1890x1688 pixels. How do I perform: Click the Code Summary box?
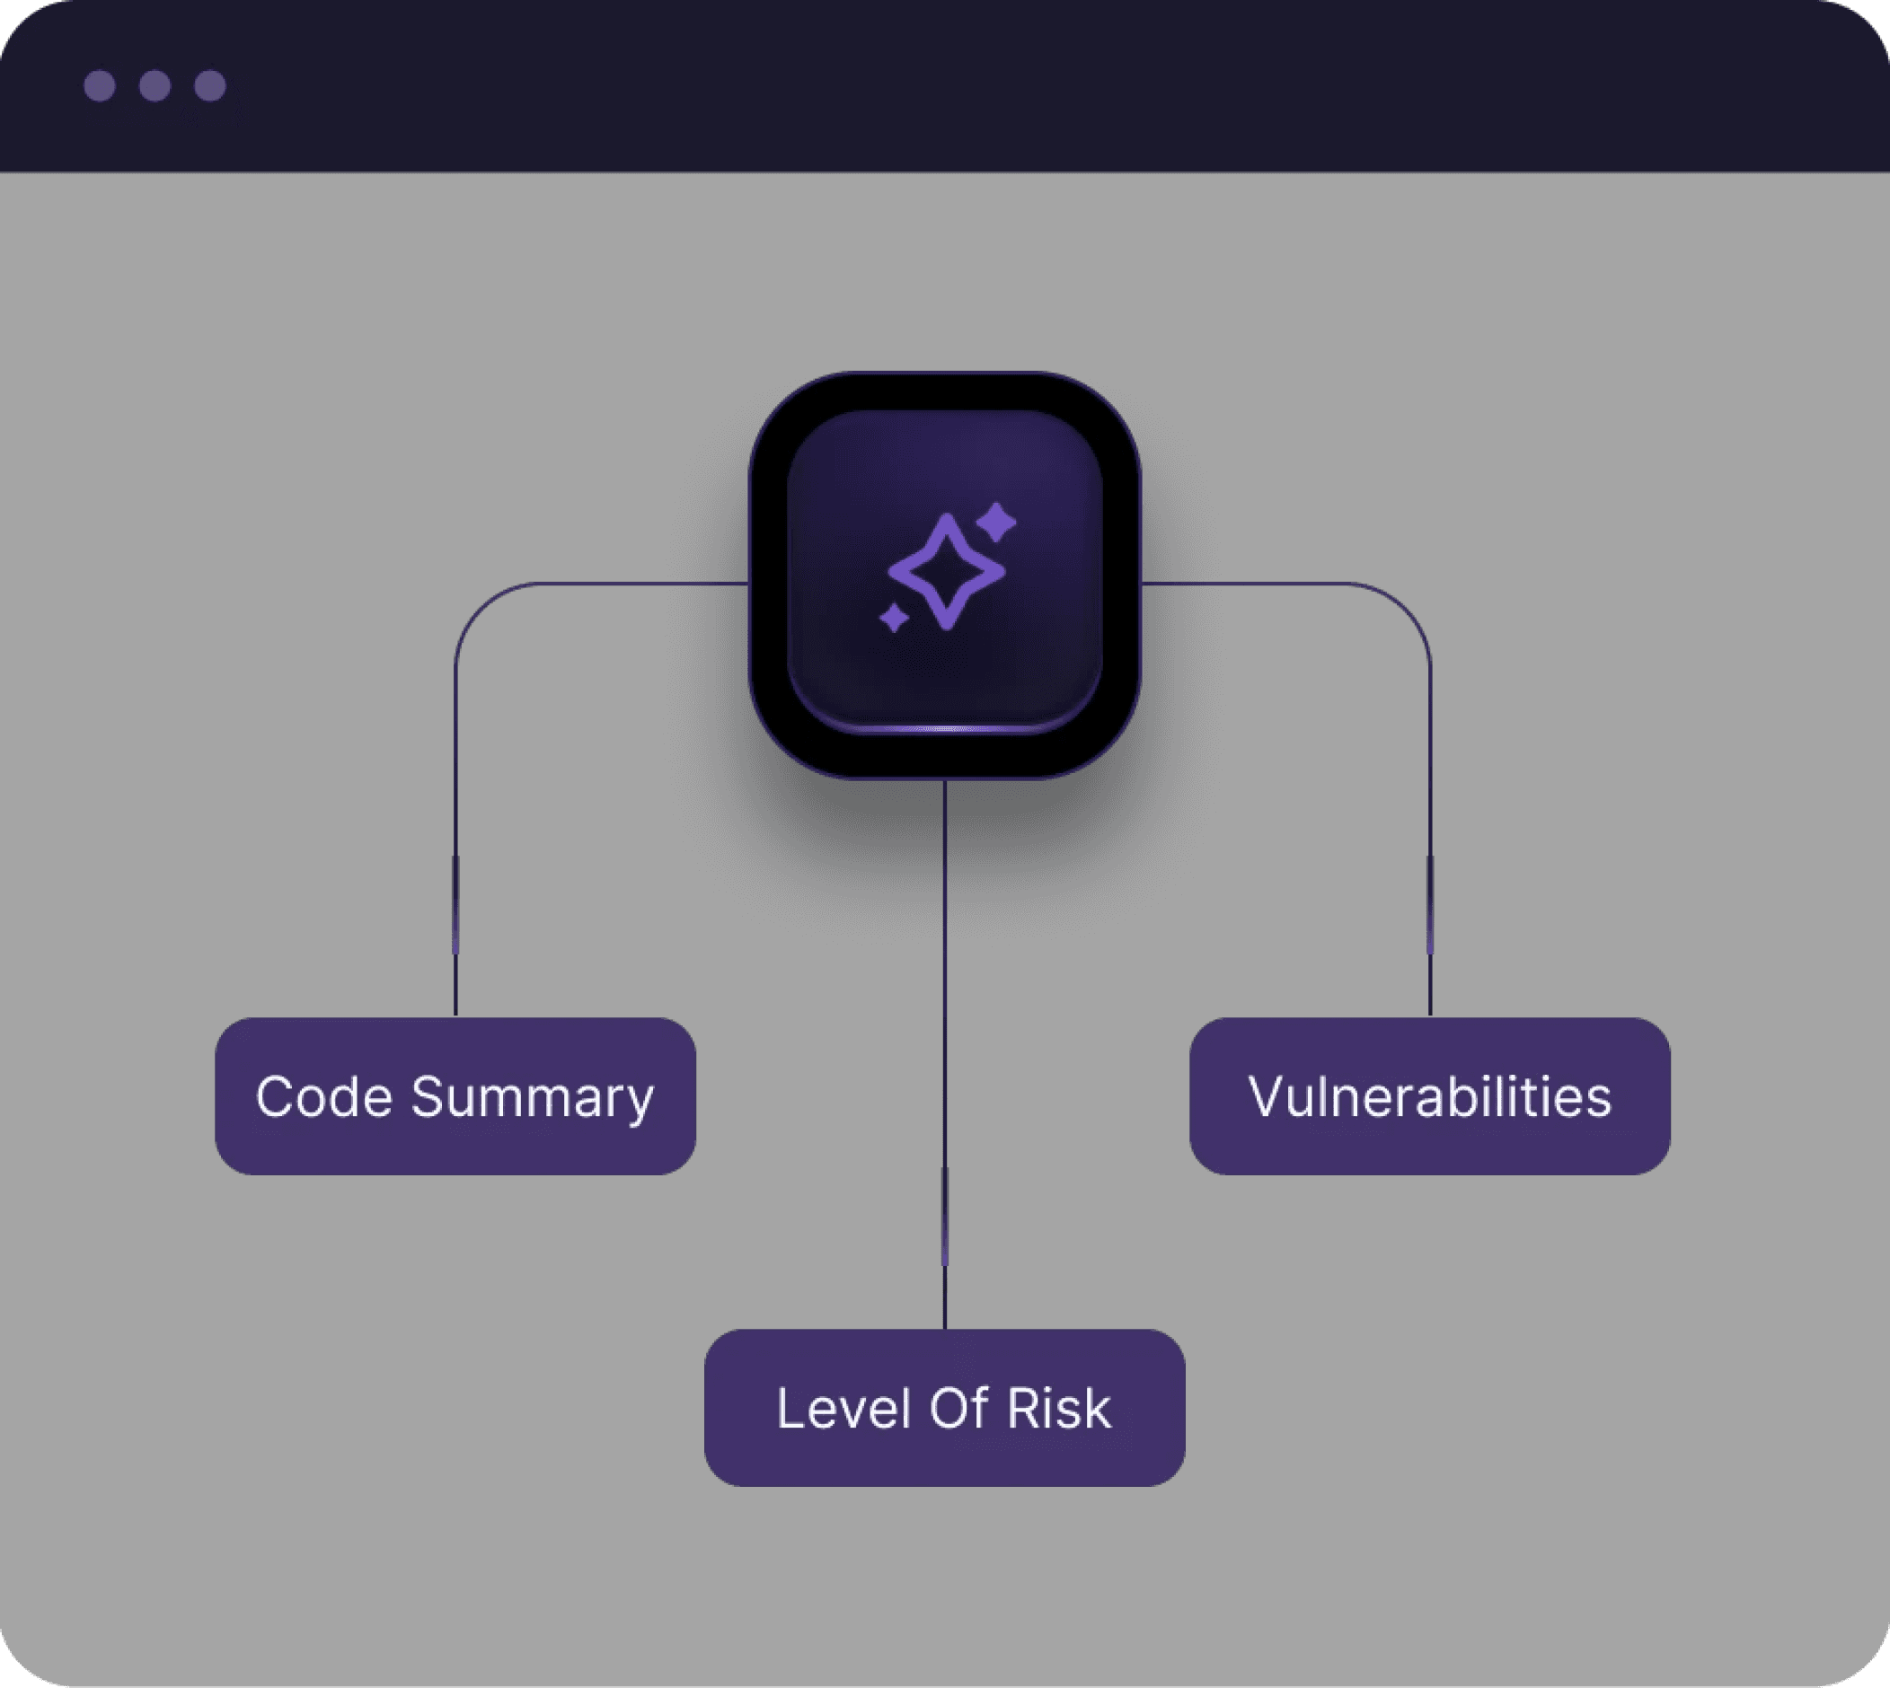coord(455,1096)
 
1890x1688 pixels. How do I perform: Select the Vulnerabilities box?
coord(1429,1096)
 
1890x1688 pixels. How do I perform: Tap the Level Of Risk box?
coord(943,1408)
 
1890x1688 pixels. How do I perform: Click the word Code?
coord(323,1097)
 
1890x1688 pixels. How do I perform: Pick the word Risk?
coord(1059,1409)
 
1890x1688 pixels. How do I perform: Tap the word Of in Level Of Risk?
coord(957,1409)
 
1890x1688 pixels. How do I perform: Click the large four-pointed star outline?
coord(946,571)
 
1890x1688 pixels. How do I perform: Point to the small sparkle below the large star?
coord(894,618)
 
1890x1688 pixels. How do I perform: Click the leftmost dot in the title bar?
coord(100,85)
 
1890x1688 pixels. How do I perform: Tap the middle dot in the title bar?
coord(155,85)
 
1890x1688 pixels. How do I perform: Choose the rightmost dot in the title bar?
coord(209,85)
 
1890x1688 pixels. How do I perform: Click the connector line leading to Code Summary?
coord(455,835)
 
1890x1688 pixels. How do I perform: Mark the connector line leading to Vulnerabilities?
coord(1430,835)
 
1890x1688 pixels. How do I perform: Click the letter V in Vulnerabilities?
coord(1267,1097)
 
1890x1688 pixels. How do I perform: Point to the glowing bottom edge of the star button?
coord(944,729)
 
